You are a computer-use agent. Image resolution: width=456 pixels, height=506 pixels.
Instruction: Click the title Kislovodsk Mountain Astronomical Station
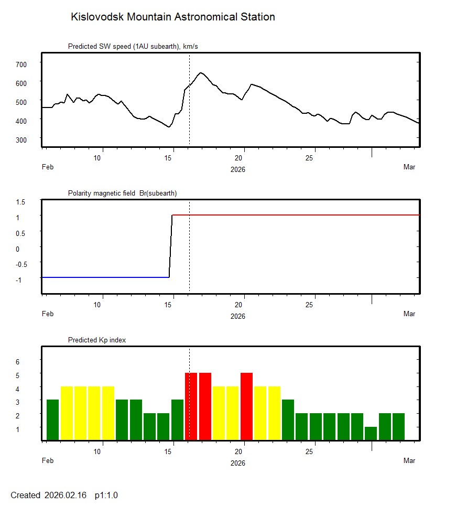point(172,17)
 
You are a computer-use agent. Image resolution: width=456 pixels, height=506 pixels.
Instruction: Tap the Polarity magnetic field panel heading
point(122,193)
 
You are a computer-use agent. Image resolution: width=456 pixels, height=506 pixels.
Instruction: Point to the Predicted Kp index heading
point(97,340)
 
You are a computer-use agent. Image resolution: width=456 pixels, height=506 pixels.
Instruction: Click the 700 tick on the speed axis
point(20,64)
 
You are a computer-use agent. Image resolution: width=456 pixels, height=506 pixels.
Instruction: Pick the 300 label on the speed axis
point(20,139)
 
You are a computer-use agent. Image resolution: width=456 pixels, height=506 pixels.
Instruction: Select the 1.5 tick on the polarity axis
point(21,201)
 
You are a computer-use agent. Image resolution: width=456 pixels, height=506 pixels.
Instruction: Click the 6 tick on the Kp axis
point(17,362)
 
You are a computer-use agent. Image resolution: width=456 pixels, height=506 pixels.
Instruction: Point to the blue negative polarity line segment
point(105,277)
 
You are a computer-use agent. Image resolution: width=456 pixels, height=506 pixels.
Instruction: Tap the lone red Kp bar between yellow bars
point(247,406)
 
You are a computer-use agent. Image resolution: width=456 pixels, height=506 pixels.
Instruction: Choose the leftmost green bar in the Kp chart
point(52,419)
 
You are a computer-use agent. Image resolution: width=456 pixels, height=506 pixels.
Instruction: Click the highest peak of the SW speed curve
point(201,73)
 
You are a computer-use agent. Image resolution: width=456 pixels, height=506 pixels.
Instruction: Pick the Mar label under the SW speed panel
point(409,167)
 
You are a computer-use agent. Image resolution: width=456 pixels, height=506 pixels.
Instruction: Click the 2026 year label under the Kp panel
point(238,463)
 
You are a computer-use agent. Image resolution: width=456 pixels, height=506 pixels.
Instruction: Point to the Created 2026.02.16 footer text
point(48,495)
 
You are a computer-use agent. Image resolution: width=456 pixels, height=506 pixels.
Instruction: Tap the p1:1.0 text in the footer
point(106,495)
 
